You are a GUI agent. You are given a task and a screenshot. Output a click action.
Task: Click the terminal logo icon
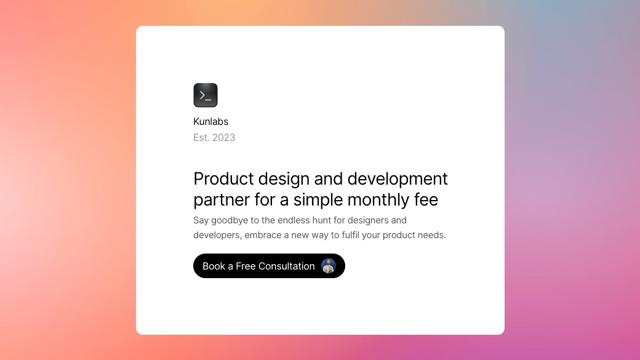click(206, 95)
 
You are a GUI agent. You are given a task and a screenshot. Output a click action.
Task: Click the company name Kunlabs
click(210, 122)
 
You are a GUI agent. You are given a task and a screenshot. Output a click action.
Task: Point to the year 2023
click(224, 138)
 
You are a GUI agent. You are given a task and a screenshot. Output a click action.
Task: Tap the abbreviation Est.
click(201, 138)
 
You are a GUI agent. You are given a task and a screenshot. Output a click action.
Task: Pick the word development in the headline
click(398, 179)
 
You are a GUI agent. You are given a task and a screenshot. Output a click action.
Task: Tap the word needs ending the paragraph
click(432, 235)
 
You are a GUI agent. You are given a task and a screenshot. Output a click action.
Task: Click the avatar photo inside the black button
click(329, 266)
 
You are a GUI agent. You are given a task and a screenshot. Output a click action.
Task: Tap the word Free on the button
click(246, 266)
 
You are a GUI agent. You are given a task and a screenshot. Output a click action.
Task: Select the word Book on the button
click(214, 266)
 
